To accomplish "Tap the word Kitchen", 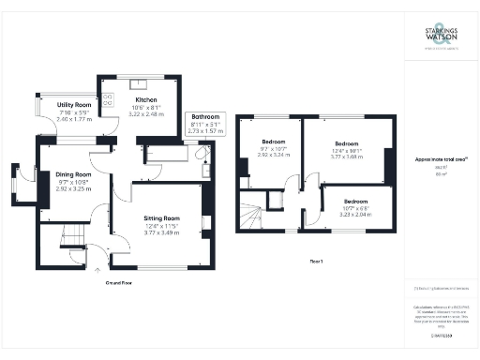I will point(145,99).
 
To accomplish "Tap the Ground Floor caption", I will point(118,281).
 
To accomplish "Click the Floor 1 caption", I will point(314,262).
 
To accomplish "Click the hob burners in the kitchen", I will point(107,98).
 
